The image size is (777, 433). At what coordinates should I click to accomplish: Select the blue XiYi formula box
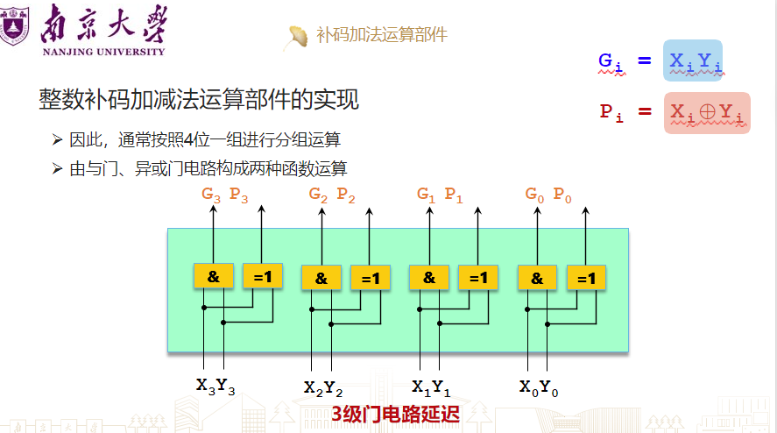692,60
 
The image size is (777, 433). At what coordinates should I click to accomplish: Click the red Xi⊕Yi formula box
706,112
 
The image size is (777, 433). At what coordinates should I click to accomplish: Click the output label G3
211,195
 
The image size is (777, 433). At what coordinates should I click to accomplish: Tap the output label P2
346,195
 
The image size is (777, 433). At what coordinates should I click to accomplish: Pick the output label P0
562,195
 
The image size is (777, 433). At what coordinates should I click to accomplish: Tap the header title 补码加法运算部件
381,35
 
